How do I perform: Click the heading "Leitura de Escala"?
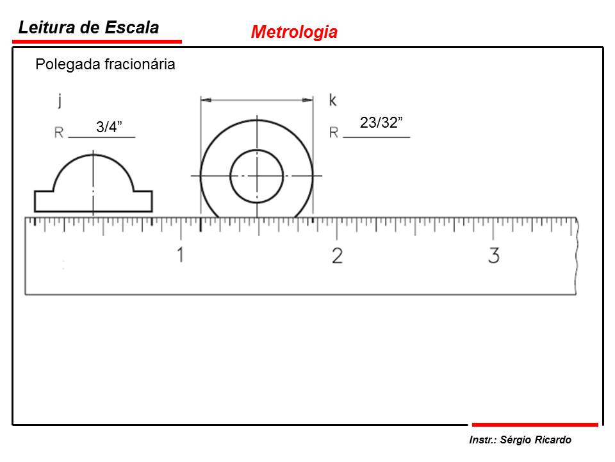coord(88,28)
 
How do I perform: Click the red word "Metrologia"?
coord(294,32)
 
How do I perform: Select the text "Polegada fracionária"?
coord(105,64)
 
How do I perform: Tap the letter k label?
coord(332,99)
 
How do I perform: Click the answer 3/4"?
coord(109,127)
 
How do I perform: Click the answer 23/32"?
coord(381,123)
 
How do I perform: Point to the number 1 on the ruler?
coord(181,255)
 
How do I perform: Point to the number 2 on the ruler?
coord(337,255)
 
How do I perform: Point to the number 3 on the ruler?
coord(493,255)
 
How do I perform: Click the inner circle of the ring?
coord(256,175)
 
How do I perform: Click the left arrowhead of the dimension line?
coord(205,100)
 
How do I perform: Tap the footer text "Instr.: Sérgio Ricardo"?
coord(520,440)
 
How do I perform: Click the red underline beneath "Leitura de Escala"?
coord(97,42)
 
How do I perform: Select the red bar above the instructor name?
coord(534,424)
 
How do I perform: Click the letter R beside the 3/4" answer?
coord(59,133)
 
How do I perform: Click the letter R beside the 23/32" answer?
coord(334,133)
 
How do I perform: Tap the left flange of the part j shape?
coord(44,201)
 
